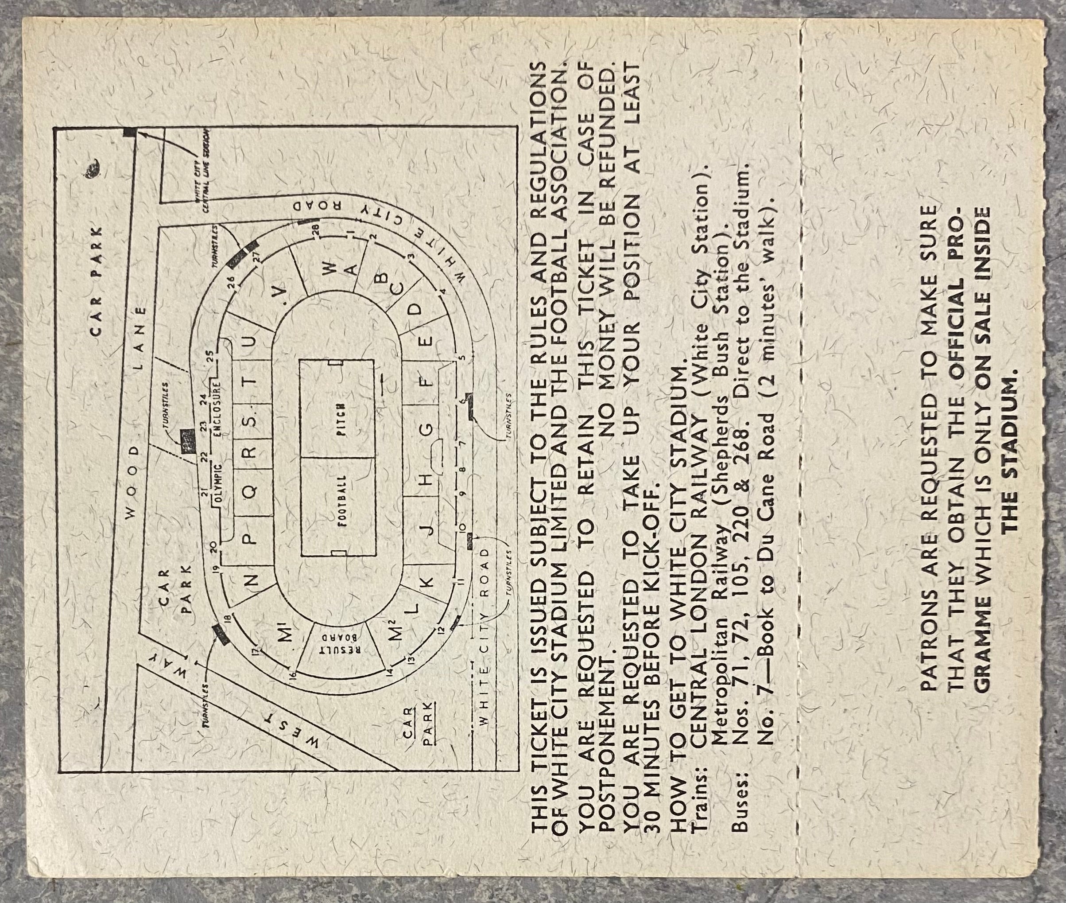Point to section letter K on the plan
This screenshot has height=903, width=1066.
pyautogui.click(x=428, y=582)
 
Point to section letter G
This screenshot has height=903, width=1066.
pyautogui.click(x=428, y=428)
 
